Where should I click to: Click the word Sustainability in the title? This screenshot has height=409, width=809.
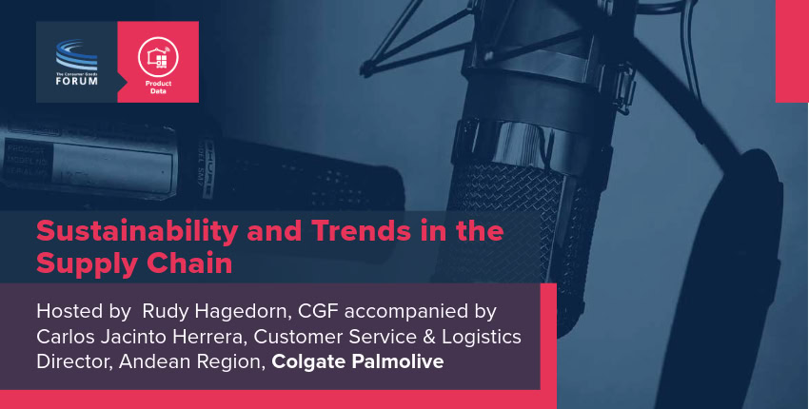[137, 231]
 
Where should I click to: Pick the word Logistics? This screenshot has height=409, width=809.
[482, 338]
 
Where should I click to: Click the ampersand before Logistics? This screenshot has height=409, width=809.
[428, 338]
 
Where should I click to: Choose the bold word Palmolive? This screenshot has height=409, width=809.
[398, 361]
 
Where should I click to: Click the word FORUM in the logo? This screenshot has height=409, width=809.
[77, 81]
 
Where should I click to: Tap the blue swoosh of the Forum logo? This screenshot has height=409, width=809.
[76, 54]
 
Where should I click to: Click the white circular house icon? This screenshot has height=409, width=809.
[158, 57]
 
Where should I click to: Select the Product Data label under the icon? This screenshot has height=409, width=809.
[158, 88]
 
